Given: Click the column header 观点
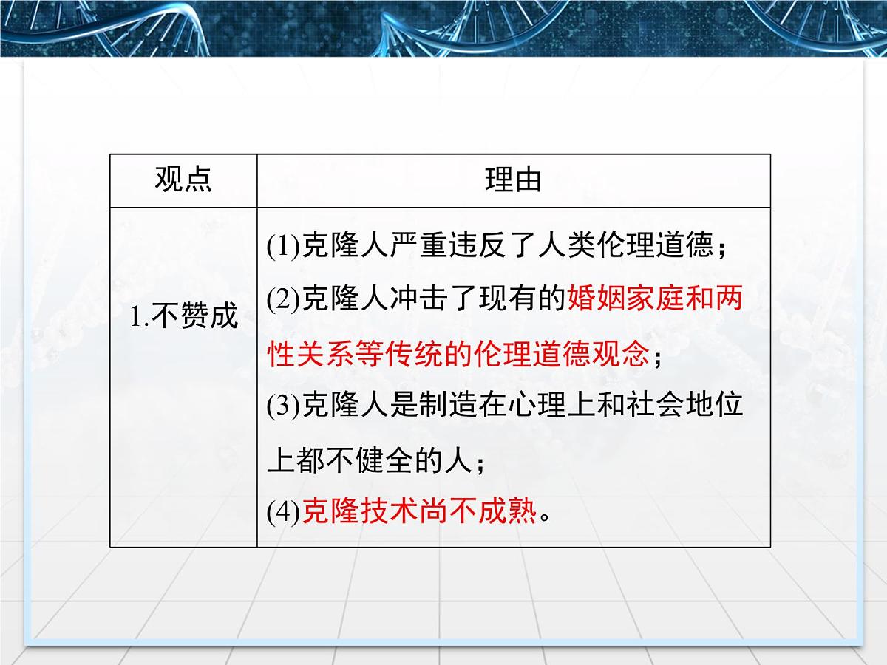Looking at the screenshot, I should pos(183,180).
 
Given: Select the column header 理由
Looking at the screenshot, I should pos(513,180).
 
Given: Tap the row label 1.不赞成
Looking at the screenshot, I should pos(184,316).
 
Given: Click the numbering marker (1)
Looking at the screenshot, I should pos(282,248).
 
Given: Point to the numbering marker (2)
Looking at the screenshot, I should pos(282,301).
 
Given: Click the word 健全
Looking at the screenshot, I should pos(384,461).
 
